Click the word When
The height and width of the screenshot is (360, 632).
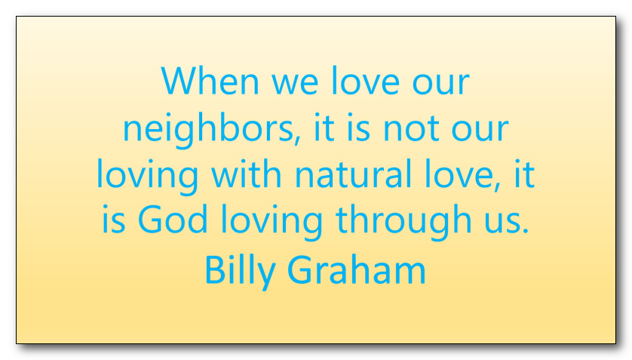pos(210,81)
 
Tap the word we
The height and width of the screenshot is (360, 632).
pos(295,84)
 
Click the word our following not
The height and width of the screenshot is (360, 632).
pos(480,130)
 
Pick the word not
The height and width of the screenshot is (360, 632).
pos(411,128)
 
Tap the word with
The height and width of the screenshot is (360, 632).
pos(247,173)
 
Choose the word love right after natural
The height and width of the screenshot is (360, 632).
pos(459,173)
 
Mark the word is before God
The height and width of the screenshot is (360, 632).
pos(113,219)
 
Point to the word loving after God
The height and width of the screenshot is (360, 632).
pos(272,222)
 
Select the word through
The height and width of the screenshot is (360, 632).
pos(403,222)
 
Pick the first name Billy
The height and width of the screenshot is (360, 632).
pos(241,271)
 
